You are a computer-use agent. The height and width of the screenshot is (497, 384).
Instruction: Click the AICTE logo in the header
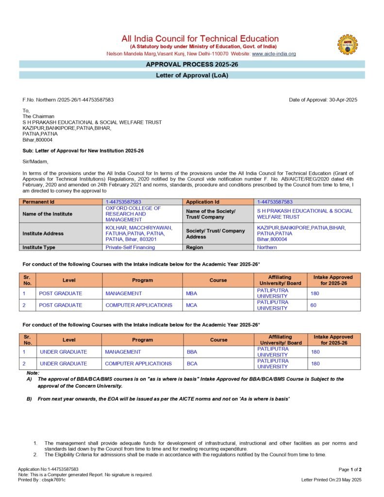tap(347, 44)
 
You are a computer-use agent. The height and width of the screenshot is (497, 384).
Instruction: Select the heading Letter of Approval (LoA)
tap(192, 75)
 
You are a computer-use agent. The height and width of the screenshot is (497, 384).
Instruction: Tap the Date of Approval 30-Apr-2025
tap(323, 99)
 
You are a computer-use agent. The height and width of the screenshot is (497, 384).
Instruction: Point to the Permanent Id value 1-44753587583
tap(123, 201)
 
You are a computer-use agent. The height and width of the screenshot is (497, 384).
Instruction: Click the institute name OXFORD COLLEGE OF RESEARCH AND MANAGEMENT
tap(133, 214)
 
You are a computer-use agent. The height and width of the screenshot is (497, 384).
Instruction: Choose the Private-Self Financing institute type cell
tap(130, 247)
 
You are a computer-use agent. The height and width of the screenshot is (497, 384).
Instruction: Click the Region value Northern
tap(267, 247)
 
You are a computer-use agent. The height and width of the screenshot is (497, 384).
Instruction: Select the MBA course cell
tap(191, 293)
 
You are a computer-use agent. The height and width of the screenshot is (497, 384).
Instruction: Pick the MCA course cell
tap(191, 305)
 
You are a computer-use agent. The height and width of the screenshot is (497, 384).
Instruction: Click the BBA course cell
tap(192, 352)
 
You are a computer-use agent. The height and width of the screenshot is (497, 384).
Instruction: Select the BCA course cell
tap(192, 364)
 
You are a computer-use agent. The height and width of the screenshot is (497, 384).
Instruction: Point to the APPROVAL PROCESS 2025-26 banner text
tap(192, 64)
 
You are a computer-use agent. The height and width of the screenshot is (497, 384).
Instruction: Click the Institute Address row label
tap(43, 233)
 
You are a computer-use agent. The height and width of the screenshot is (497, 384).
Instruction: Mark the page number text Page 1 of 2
tap(350, 469)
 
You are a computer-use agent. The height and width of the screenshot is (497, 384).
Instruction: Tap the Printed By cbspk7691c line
tap(42, 480)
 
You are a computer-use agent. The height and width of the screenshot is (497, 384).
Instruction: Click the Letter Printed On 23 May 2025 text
tap(332, 480)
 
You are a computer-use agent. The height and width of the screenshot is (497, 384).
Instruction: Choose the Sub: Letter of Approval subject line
tap(83, 151)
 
